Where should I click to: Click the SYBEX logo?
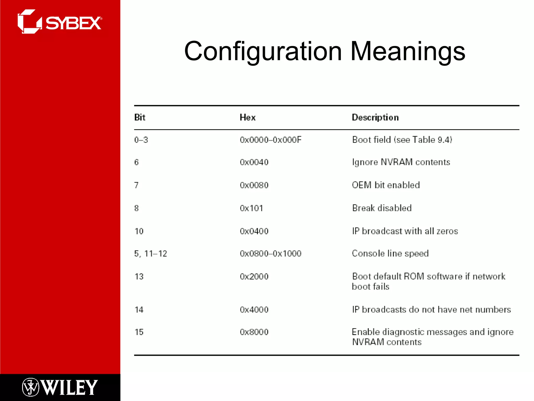tap(60, 22)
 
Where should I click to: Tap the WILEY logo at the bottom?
tap(60, 387)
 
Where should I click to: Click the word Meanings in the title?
tap(408, 51)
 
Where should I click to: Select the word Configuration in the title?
tap(263, 51)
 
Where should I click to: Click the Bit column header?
tap(140, 117)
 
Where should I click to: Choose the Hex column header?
tap(247, 117)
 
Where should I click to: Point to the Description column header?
tap(375, 117)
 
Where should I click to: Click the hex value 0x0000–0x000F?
tap(270, 140)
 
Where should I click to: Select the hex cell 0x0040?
tap(254, 162)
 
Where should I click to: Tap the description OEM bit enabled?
tap(386, 185)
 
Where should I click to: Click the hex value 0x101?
tap(251, 208)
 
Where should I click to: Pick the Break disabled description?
tap(382, 208)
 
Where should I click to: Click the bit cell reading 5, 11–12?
tap(150, 253)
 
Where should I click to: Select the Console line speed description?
tap(390, 253)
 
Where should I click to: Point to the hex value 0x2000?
tap(254, 276)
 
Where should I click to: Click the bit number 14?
tap(139, 310)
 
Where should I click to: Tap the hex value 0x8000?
tap(254, 332)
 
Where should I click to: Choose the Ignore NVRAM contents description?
tap(401, 162)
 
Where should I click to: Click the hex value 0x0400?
tap(254, 231)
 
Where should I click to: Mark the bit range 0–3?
tap(141, 140)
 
